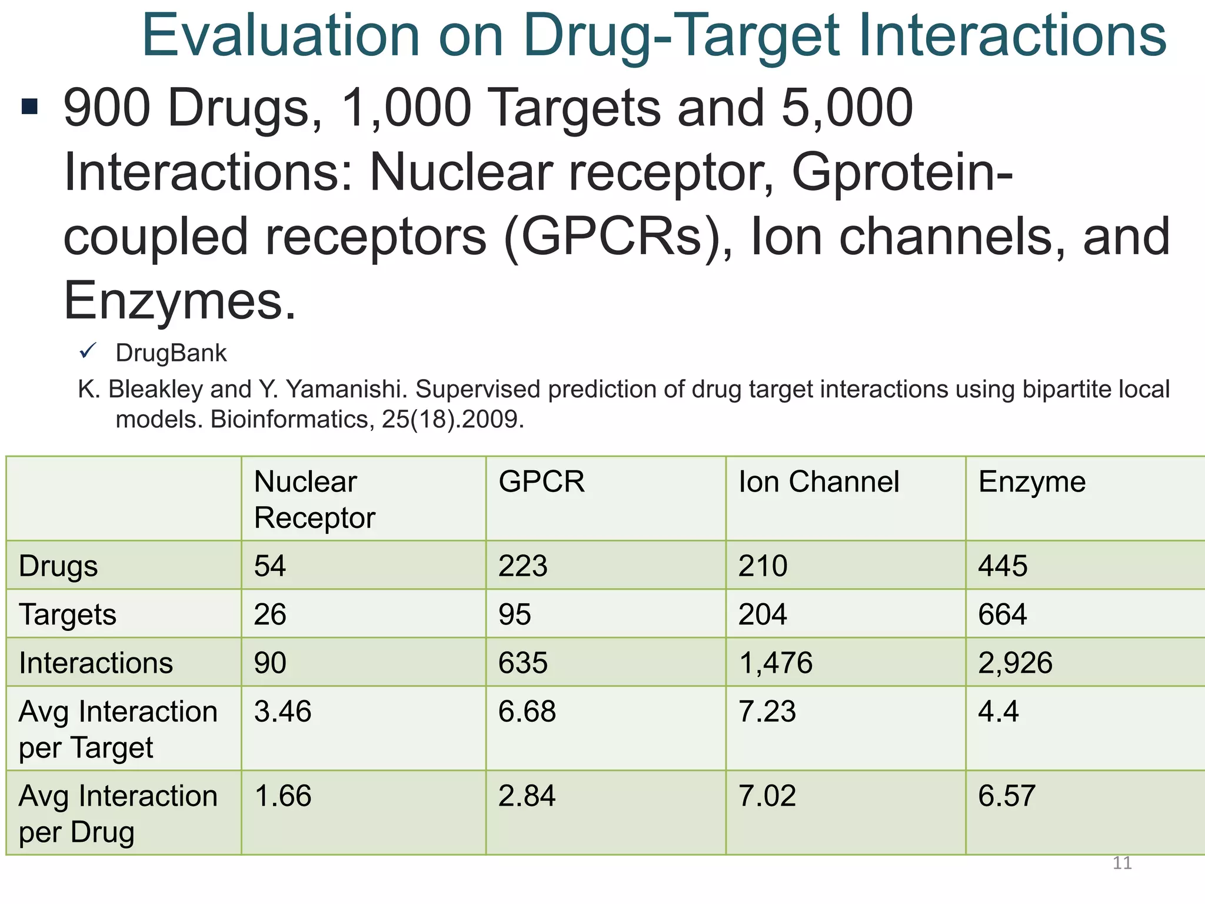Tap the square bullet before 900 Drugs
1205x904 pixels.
[x=29, y=107]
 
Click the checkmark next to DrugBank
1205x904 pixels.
[x=88, y=351]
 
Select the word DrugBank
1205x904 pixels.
[x=171, y=353]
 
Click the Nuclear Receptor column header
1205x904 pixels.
[x=314, y=499]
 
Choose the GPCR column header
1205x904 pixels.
[x=541, y=481]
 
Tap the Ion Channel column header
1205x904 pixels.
[x=818, y=481]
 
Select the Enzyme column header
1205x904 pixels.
[x=1031, y=481]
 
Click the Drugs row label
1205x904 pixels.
[x=58, y=566]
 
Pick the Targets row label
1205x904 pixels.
[x=68, y=614]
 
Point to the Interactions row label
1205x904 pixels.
[x=96, y=663]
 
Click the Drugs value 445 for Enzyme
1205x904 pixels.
[x=1003, y=566]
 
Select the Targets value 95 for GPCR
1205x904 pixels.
[x=515, y=614]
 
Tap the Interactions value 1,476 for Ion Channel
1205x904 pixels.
[x=775, y=663]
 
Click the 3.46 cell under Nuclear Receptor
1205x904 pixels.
[x=282, y=711]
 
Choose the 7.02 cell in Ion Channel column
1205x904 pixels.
[x=767, y=796]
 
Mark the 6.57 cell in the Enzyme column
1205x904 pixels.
[x=1006, y=796]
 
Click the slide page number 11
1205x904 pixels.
[x=1122, y=863]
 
